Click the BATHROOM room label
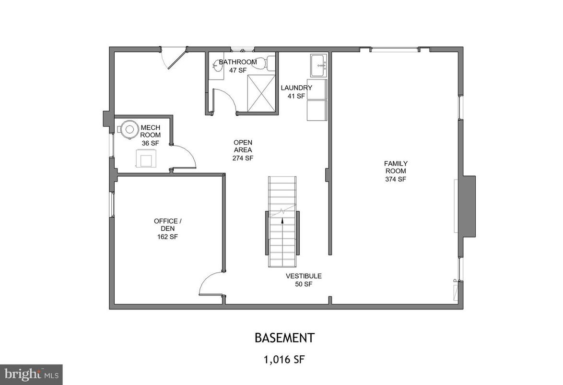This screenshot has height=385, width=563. tap(238, 62)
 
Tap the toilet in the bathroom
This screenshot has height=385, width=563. tap(271, 63)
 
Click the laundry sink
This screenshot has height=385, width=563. tap(318, 66)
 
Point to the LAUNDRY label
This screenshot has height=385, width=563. tap(296, 88)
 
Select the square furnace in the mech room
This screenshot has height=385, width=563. tap(146, 158)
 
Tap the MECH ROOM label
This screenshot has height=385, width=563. tap(151, 131)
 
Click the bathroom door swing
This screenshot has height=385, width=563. tap(224, 100)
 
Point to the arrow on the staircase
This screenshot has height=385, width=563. tap(282, 221)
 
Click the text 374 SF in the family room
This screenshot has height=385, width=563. tap(395, 179)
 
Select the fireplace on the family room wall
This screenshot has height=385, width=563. tap(468, 206)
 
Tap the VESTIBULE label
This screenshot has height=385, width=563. tap(304, 276)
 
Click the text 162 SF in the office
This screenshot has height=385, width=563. tap(168, 237)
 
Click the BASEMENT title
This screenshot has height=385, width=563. tap(284, 338)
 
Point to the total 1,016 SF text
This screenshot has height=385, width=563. tap(284, 358)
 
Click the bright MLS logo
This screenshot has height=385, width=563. tap(31, 374)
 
